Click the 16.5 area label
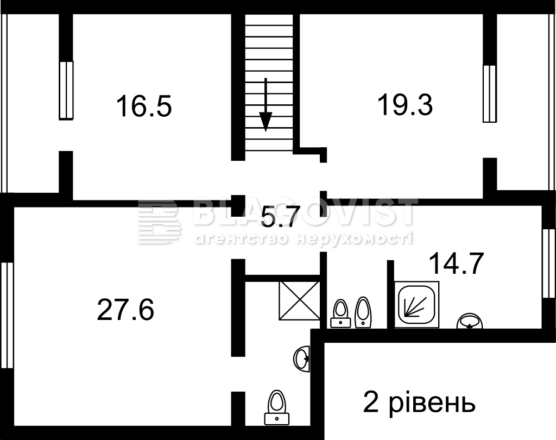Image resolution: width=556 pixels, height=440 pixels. tap(144, 106)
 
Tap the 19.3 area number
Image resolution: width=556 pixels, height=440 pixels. tap(405, 104)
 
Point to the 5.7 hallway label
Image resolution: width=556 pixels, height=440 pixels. tap(278, 217)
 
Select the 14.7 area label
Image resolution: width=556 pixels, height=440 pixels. tap(456, 263)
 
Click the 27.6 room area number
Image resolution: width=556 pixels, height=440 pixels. tap(125, 310)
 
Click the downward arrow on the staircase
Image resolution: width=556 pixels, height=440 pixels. tap(266, 105)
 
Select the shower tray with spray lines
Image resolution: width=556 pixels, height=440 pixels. tap(416, 304)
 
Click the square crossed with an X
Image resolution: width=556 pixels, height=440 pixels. tap(300, 301)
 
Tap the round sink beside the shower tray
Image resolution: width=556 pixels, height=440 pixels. tap(470, 321)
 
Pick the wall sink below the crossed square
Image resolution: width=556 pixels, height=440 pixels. tap(302, 360)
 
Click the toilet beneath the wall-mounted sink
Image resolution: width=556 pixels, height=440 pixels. tap(277, 407)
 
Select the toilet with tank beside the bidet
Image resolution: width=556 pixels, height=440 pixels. tap(341, 313)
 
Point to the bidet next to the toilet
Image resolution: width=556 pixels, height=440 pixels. tap(363, 312)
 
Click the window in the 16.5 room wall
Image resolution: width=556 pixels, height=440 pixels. tap(66, 91)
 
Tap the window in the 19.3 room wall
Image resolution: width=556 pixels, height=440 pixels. tap(489, 93)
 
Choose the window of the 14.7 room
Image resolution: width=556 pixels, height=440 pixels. tap(549, 263)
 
